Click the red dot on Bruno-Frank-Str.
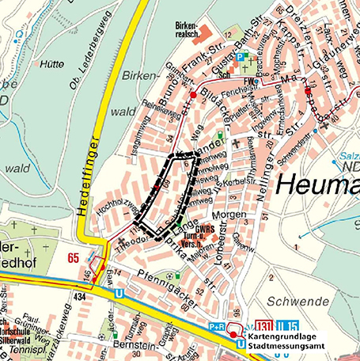coord(192,93)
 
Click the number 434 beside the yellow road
coord(79,295)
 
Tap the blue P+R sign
coord(218,325)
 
